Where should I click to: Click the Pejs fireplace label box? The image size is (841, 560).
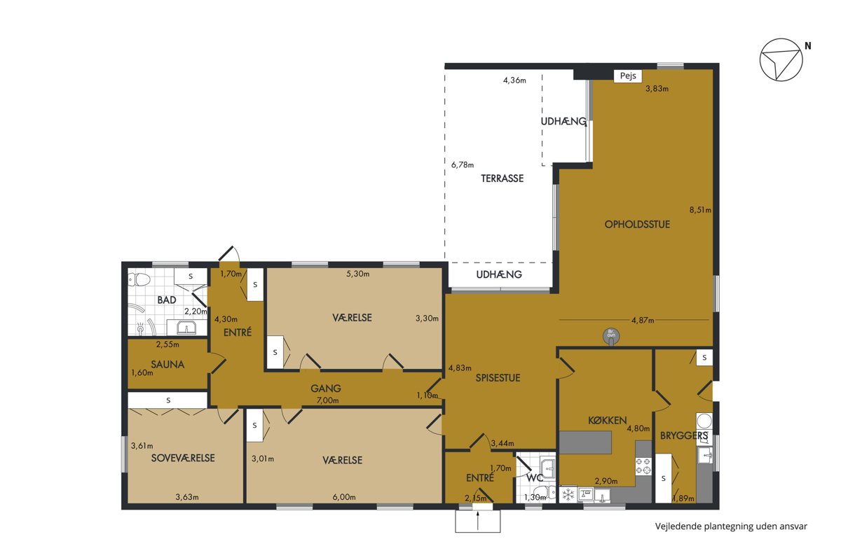point(628,76)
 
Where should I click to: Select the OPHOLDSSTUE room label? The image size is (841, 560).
point(637,224)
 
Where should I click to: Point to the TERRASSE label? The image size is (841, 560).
point(502,178)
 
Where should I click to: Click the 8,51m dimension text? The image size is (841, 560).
point(700,210)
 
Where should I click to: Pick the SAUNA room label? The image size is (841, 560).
point(167,364)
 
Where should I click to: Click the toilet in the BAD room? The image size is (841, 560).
point(139,279)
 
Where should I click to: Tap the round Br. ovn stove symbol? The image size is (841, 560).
point(611,336)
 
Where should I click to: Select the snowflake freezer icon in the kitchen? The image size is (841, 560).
point(568,495)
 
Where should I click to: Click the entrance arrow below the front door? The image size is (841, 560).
point(477,521)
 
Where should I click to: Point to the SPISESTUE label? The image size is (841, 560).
point(498,378)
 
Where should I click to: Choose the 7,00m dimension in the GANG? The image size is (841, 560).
point(327,400)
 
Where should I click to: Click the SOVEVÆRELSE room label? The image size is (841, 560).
point(183,458)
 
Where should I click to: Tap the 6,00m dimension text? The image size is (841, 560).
point(344,497)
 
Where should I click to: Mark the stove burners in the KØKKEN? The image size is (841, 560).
point(643,465)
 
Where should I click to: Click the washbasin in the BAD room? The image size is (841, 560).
point(186,328)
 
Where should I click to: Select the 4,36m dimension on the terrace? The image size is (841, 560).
point(514,80)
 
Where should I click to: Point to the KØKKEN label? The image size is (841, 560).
point(607,421)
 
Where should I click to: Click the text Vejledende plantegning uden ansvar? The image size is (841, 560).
point(731,526)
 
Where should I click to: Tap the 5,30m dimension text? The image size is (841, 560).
point(358,274)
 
